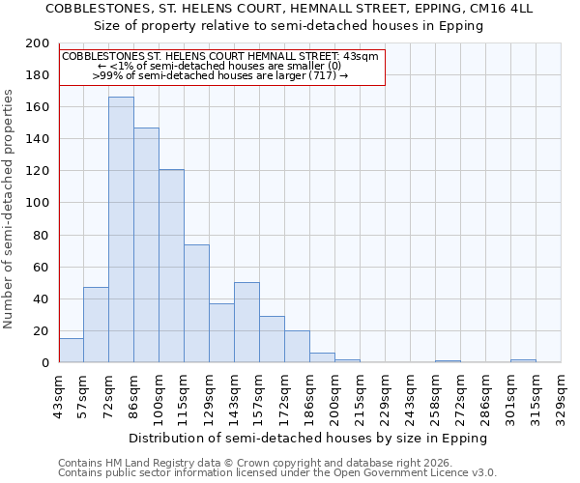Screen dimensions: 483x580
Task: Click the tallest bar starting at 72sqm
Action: pyautogui.click(x=121, y=230)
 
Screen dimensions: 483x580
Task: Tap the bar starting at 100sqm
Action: pyautogui.click(x=171, y=266)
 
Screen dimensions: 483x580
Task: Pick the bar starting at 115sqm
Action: pyautogui.click(x=196, y=303)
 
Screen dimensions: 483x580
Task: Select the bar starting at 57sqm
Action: pyautogui.click(x=96, y=325)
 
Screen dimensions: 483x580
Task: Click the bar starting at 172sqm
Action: pyautogui.click(x=297, y=347)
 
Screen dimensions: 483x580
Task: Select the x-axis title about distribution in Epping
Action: pyautogui.click(x=307, y=438)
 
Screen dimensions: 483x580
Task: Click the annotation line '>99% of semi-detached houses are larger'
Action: pyautogui.click(x=219, y=74)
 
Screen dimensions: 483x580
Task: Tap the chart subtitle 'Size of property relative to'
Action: pyautogui.click(x=288, y=26)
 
